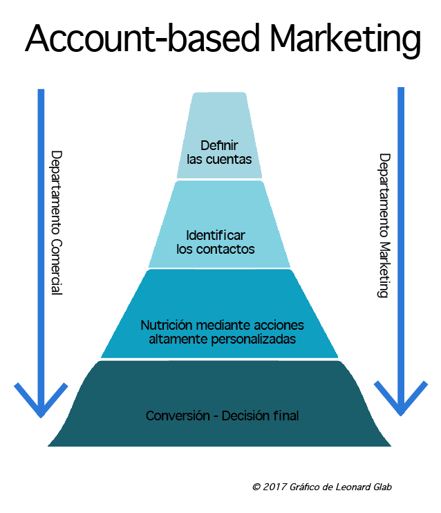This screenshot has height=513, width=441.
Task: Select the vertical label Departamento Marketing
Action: (384, 225)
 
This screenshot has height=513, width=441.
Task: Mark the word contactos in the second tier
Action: (225, 249)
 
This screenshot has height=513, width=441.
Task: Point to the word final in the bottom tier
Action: (285, 416)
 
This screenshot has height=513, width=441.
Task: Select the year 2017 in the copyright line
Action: (274, 487)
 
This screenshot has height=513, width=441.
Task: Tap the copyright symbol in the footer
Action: (256, 487)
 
